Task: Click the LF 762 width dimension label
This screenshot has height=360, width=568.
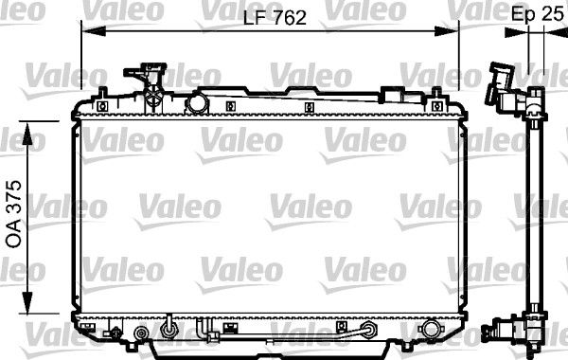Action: [275, 18]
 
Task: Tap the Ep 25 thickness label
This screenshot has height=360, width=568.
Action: [537, 14]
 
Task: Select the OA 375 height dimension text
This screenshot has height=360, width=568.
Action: [14, 214]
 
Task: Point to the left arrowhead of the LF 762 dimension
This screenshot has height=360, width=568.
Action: [94, 31]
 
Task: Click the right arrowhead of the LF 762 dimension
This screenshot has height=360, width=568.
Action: [447, 31]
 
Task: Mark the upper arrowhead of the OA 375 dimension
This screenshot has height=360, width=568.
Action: [27, 134]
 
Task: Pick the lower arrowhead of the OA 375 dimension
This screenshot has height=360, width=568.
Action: [27, 301]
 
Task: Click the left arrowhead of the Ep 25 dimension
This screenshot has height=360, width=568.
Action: [517, 32]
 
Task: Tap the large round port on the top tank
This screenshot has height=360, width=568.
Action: [197, 103]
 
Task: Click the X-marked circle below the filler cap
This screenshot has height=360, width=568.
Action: [155, 96]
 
